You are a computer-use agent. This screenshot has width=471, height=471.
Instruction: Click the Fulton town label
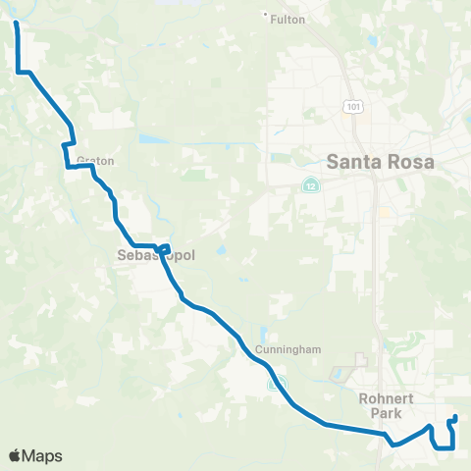(x=289, y=20)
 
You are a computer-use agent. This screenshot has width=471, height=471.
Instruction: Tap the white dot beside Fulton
(x=266, y=14)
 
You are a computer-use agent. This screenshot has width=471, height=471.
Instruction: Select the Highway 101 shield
(x=349, y=104)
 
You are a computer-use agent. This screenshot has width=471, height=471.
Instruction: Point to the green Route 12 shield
(x=311, y=184)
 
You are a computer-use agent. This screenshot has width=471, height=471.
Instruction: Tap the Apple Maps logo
(x=35, y=455)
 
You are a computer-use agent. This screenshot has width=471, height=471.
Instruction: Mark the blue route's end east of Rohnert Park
(x=454, y=420)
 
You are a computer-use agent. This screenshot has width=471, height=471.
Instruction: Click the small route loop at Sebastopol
(x=164, y=247)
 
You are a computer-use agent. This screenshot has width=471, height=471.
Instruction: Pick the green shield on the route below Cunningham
(x=278, y=383)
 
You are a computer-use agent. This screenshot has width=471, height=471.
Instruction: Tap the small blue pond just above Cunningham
(x=264, y=331)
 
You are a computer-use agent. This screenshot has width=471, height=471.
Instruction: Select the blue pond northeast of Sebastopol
(x=219, y=250)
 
